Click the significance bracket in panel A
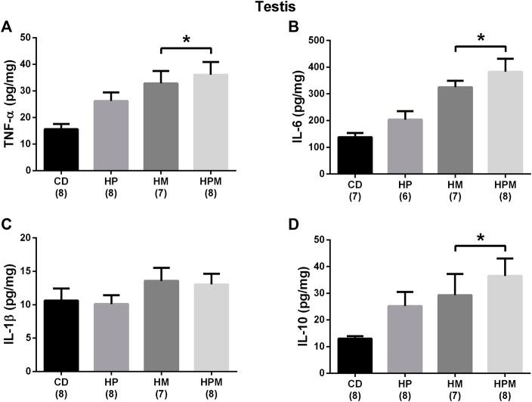point(187,48)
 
